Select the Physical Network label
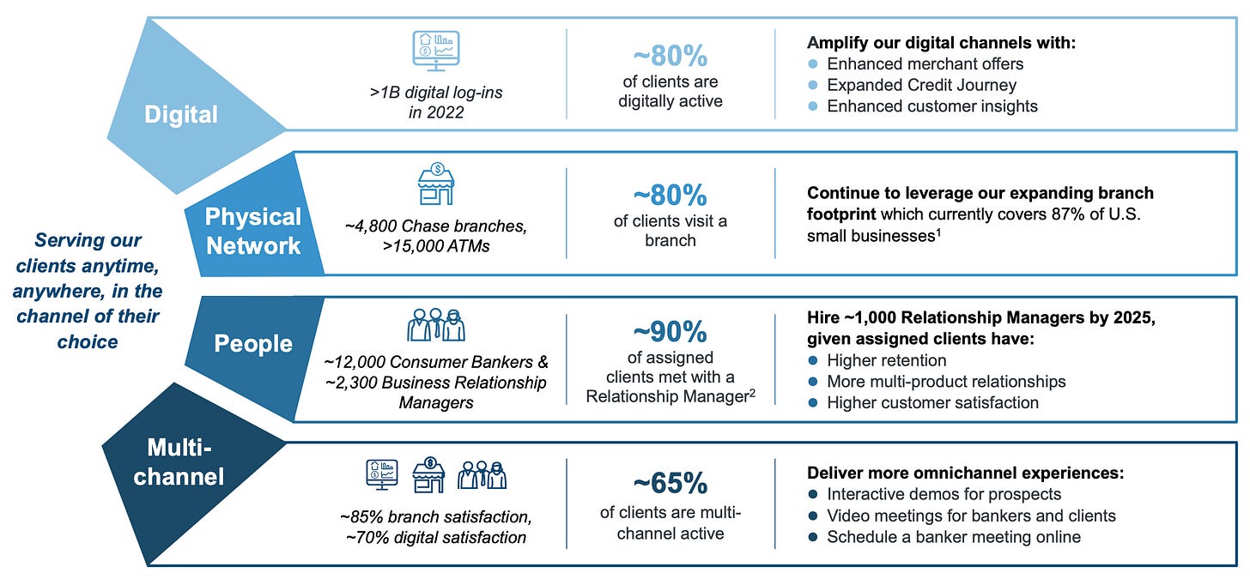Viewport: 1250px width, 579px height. (252, 231)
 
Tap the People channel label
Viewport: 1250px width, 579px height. (253, 344)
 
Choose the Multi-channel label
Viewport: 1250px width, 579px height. (179, 461)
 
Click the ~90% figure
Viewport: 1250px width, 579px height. (670, 331)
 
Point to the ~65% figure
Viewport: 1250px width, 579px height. (670, 484)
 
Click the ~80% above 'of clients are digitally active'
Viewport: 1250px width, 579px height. (670, 57)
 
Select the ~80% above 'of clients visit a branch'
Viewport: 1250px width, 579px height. (670, 196)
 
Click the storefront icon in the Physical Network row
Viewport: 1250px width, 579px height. (436, 184)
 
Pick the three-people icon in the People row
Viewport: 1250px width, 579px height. (434, 325)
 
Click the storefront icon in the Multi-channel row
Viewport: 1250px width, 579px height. (428, 473)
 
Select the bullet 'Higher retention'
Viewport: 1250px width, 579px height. (886, 360)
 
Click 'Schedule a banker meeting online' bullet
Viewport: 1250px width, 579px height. (953, 537)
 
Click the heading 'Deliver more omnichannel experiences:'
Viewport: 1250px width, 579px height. (965, 473)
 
